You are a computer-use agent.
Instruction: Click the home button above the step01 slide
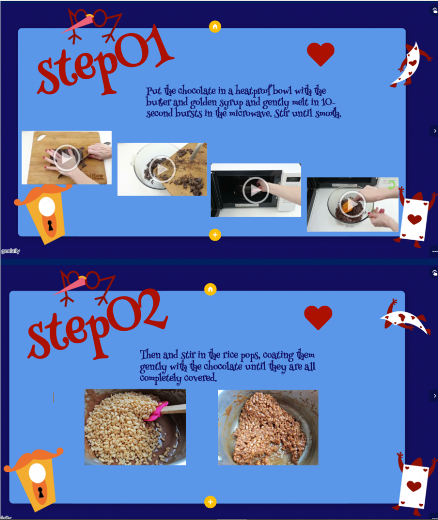point(215,26)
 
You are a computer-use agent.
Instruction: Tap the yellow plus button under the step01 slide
point(215,235)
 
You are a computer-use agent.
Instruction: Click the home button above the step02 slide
point(210,289)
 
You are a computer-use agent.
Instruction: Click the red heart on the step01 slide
point(321,54)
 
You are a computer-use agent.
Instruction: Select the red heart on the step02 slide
point(318,317)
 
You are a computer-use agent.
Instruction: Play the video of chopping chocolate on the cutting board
point(66,158)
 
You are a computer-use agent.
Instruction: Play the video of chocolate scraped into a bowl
point(162,169)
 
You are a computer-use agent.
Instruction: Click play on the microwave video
point(255,190)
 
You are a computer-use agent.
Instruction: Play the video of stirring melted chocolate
point(352,204)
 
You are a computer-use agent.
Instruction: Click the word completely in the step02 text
point(160,378)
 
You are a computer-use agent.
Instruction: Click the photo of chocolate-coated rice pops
point(268,428)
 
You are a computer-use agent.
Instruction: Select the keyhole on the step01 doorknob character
point(50,225)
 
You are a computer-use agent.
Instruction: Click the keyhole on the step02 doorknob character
point(41,492)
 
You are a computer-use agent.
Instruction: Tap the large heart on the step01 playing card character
point(414,219)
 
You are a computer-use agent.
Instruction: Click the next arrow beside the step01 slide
point(434,131)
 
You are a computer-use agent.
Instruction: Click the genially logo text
point(10,251)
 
